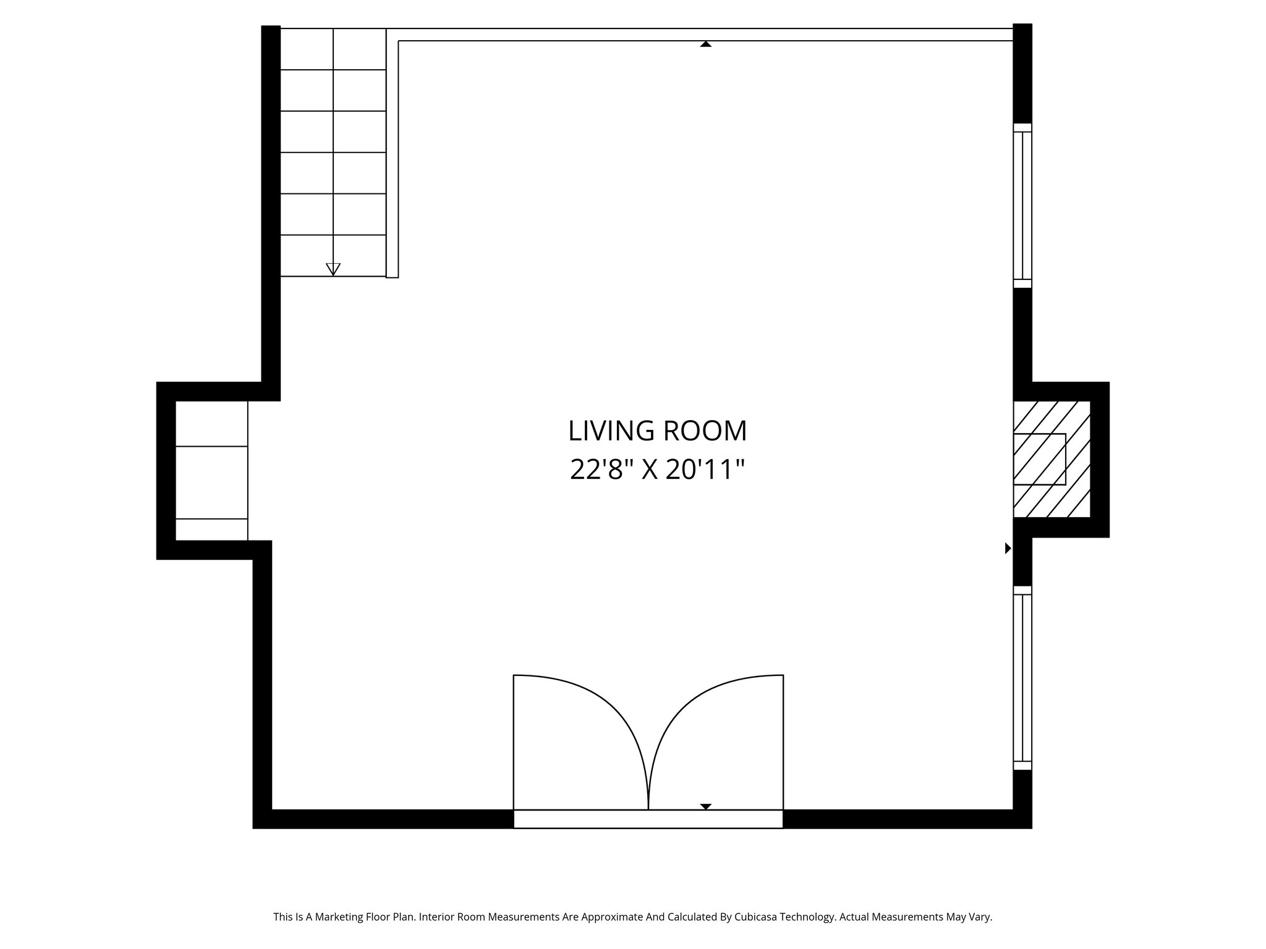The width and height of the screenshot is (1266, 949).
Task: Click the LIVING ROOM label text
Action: (x=657, y=431)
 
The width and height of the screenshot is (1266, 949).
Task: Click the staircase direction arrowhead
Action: (x=333, y=269)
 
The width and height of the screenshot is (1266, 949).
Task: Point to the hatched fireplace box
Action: (x=1051, y=459)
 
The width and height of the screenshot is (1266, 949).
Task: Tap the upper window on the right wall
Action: (x=1022, y=205)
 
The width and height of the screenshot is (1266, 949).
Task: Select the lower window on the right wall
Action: (x=1022, y=678)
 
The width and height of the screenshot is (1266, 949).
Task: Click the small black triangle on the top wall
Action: (x=705, y=44)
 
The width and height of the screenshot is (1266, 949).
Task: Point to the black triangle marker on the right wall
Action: (x=1008, y=548)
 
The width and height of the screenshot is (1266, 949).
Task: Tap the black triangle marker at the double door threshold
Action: (x=705, y=806)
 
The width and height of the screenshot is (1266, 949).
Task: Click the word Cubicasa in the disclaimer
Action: (x=758, y=917)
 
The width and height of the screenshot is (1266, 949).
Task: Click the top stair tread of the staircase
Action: (x=333, y=49)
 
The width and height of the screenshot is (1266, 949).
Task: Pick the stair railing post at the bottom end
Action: (x=392, y=272)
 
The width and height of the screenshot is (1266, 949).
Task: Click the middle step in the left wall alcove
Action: (x=211, y=482)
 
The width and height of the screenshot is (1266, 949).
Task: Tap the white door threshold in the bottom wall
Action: (x=648, y=819)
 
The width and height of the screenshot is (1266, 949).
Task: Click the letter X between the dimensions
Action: (x=649, y=470)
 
